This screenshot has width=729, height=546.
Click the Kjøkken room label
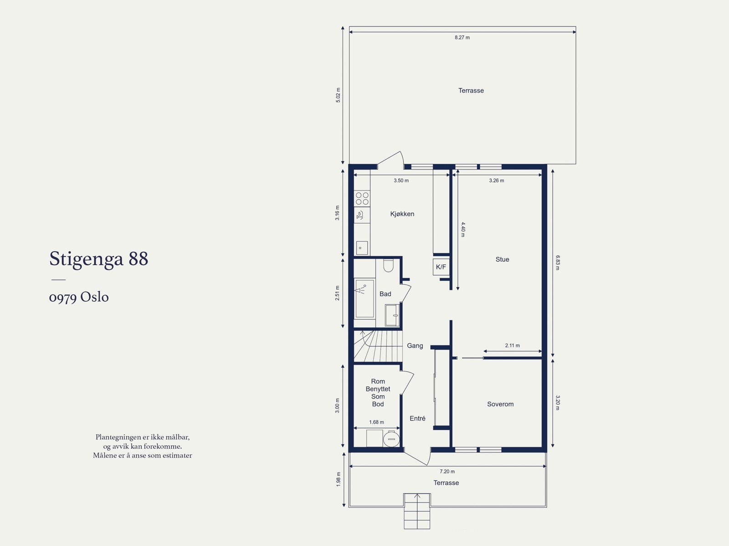click(402, 214)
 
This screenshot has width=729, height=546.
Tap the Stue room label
click(502, 259)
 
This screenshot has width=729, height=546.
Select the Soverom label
click(500, 404)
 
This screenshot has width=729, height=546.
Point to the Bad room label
click(385, 294)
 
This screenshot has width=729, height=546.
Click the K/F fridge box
click(441, 267)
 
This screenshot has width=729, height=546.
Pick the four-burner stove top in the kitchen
click(362, 198)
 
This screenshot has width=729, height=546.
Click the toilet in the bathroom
click(388, 265)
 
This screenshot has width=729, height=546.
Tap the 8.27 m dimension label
click(462, 37)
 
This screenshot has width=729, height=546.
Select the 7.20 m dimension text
click(447, 471)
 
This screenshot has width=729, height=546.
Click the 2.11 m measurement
click(513, 345)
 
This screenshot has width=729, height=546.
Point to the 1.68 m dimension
click(377, 422)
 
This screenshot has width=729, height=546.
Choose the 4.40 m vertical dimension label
click(463, 230)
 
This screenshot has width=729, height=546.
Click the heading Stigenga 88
click(98, 259)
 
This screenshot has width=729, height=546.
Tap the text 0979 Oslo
click(79, 297)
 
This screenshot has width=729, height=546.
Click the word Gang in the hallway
click(415, 346)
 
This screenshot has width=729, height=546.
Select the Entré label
click(417, 418)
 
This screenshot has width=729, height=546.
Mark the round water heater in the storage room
click(391, 439)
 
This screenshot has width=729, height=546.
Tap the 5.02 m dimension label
click(338, 95)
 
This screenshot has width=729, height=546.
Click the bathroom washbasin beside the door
click(392, 315)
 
